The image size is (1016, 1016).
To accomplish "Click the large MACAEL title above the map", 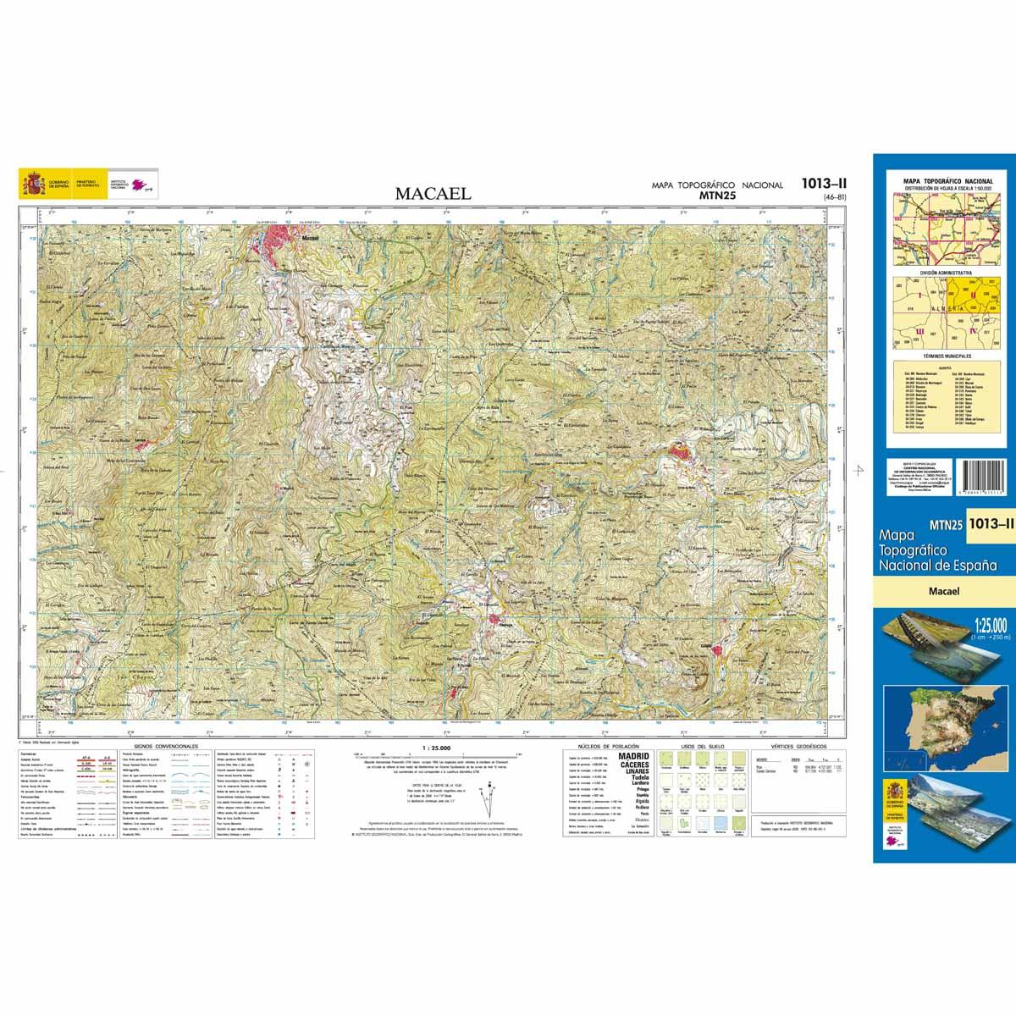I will [x=433, y=194].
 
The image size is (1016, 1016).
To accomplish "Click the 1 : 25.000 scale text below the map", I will [x=435, y=748].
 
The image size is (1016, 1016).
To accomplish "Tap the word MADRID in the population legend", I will [x=634, y=755].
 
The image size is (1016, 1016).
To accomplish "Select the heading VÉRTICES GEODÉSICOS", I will [x=785, y=747].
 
